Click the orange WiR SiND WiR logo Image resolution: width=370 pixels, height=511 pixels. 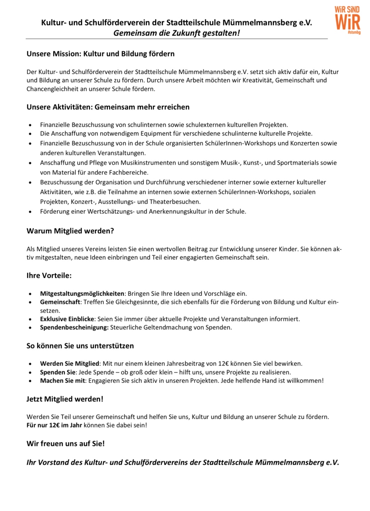coord(347,20)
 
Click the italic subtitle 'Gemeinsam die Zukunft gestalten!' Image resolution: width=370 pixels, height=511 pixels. coord(176,33)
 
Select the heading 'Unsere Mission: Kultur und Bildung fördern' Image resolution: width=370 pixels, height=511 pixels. coord(101,54)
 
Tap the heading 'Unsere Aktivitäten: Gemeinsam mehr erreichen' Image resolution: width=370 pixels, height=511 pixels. coord(108,107)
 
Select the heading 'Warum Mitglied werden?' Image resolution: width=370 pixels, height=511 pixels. coord(70,231)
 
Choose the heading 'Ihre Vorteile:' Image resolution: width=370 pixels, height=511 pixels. coord(49,276)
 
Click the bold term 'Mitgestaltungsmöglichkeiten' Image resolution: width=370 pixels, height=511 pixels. coord(82,294)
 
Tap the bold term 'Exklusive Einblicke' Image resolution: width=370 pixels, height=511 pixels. coord(67,319)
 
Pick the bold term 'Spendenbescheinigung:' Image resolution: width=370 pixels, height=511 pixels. coord(74,328)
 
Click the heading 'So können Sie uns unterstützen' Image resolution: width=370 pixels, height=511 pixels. coord(80,346)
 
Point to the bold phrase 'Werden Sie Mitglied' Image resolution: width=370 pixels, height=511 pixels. coord(70,364)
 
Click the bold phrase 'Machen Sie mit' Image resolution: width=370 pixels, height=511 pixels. coord(63,381)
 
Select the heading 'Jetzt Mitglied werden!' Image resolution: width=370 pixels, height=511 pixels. coord(65,399)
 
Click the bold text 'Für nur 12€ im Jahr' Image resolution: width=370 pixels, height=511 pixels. coord(54,425)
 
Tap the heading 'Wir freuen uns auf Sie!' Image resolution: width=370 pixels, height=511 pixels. coord(65,444)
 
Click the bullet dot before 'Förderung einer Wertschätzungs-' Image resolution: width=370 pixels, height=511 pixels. coord(30,212)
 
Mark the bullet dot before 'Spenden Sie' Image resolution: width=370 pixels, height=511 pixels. coord(30,372)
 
